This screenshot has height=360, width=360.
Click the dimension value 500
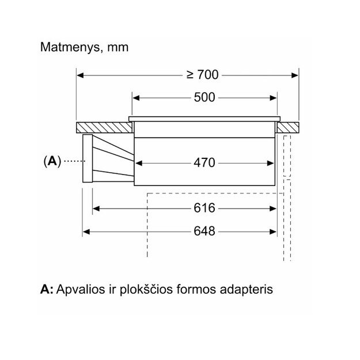click(204, 97)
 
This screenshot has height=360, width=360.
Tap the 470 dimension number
click(204, 163)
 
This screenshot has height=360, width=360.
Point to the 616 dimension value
click(204, 208)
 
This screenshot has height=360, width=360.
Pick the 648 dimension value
click(204, 232)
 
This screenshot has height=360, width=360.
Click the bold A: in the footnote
click(47, 289)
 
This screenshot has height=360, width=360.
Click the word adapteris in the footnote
click(245, 289)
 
